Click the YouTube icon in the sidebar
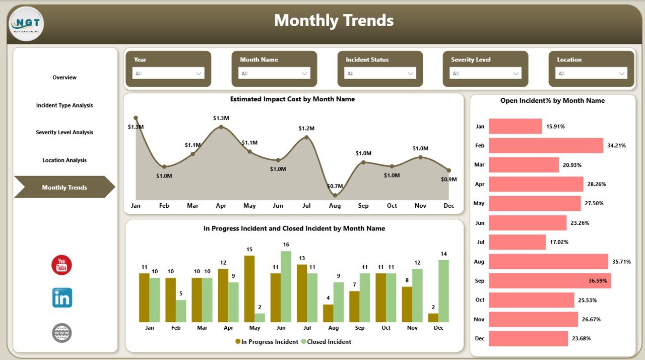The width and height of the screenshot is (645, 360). (x=61, y=265)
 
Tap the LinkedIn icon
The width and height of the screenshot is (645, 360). (x=62, y=298)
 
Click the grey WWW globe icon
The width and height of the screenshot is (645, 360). (x=62, y=333)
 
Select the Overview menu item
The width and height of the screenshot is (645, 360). (x=64, y=78)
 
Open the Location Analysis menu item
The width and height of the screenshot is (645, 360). (x=64, y=160)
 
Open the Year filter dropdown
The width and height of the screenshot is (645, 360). (x=168, y=74)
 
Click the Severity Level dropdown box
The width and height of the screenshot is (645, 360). (x=486, y=74)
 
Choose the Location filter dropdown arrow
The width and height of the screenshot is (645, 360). (x=621, y=74)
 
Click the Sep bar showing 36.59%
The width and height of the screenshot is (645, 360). (x=550, y=281)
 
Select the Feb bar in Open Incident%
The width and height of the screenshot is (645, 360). (x=546, y=146)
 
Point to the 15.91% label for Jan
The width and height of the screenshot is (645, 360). (x=555, y=127)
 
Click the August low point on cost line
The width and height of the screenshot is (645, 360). (x=335, y=195)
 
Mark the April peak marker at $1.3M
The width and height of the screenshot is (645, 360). (x=221, y=127)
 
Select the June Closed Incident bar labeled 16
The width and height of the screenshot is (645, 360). (x=286, y=286)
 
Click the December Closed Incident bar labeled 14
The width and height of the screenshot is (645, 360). (x=443, y=291)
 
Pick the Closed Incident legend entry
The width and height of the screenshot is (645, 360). (x=326, y=342)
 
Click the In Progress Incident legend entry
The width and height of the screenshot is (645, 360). (x=267, y=342)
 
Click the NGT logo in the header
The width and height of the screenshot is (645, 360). (x=26, y=24)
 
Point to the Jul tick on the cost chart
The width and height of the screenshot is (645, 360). (x=306, y=206)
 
